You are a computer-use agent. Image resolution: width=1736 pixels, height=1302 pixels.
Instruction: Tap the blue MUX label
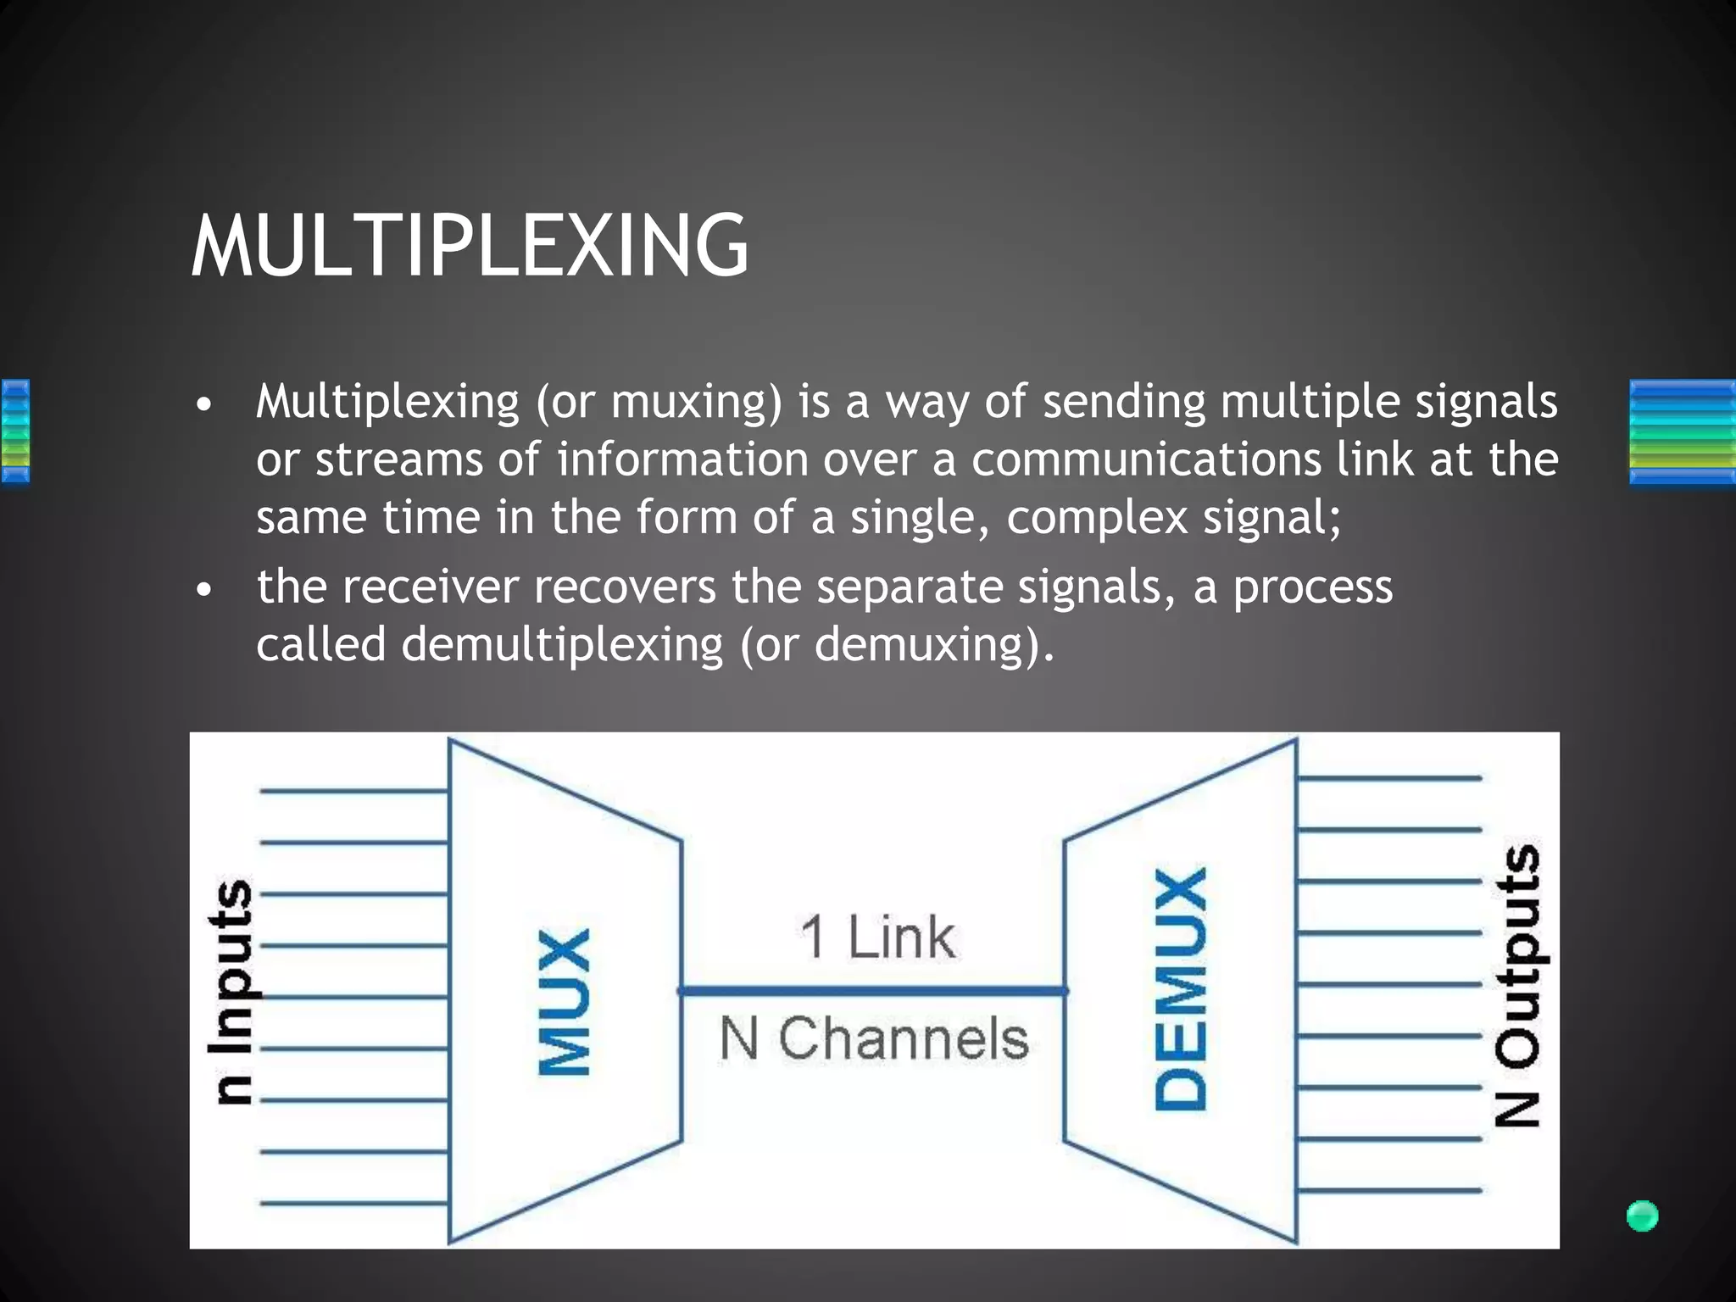(565, 1002)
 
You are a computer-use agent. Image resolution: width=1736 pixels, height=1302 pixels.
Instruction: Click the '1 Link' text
(877, 938)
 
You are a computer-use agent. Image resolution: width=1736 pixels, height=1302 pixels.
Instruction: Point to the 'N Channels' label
(874, 1038)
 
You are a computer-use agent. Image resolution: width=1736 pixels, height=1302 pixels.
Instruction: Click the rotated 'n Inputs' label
(231, 992)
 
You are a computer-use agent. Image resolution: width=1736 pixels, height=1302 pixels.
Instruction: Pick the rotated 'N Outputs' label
(1517, 985)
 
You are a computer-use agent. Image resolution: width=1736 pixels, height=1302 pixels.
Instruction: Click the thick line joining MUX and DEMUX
(873, 990)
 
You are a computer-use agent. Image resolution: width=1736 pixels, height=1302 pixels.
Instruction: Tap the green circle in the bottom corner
(1642, 1216)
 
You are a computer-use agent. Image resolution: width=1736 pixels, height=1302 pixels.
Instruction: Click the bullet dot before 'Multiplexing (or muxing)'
(203, 404)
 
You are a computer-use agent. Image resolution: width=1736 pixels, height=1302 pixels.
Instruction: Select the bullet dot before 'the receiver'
(203, 589)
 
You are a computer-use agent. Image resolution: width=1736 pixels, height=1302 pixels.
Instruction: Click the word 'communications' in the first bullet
(1146, 460)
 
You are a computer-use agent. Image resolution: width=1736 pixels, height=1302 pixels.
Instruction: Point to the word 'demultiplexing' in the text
(562, 645)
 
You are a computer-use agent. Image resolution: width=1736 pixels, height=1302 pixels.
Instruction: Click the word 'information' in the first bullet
(682, 460)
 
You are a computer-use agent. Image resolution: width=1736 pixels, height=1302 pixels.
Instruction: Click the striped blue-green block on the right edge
(1682, 432)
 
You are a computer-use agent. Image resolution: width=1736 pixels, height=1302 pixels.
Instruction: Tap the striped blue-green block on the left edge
(15, 431)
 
